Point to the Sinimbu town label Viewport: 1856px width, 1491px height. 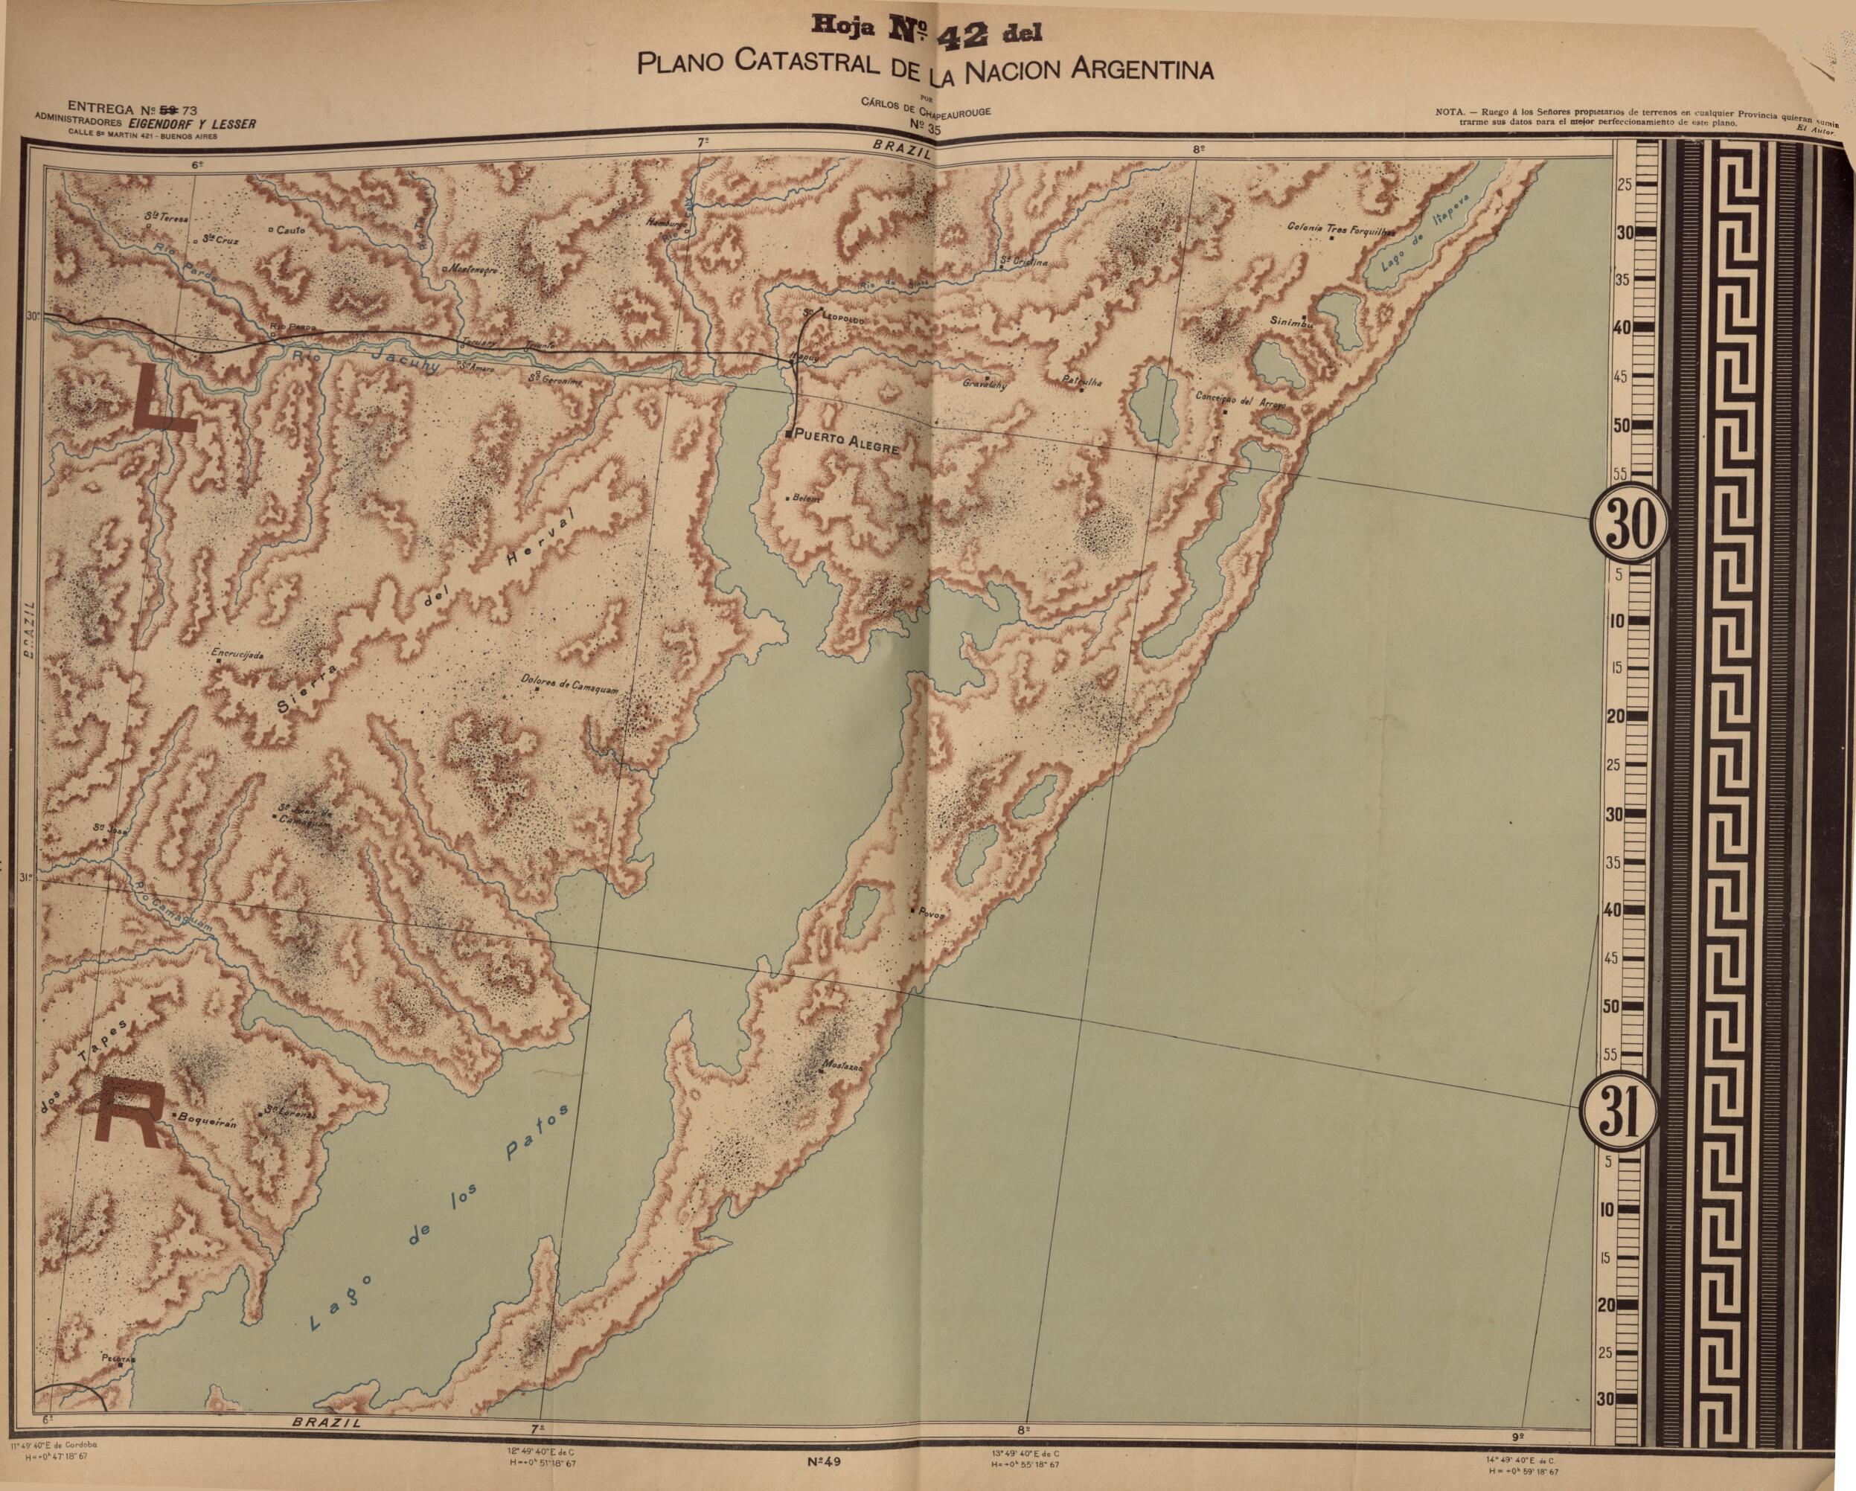tap(1291, 322)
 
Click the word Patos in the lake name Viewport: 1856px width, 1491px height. tap(536, 1135)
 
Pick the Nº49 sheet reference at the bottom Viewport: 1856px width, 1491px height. tap(824, 1462)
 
